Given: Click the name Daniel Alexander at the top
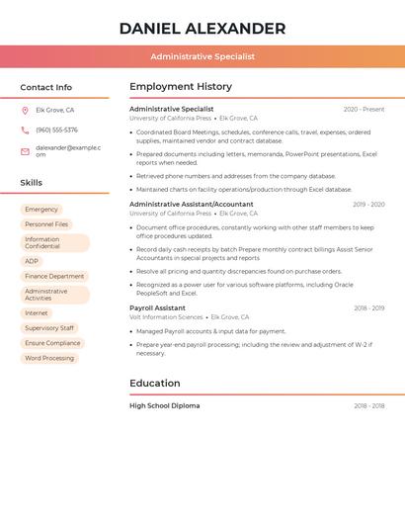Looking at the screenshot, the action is point(202,29).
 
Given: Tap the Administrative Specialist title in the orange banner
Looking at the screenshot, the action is point(202,56).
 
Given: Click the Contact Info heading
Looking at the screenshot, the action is point(46,87).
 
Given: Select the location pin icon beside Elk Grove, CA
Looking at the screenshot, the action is point(25,110).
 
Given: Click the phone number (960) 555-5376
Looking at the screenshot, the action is point(56,130).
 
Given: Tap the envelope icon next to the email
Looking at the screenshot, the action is point(25,151).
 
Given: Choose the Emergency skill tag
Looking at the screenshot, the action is point(41,210).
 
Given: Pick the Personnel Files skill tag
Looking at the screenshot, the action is point(46,224).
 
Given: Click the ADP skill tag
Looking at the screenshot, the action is point(32,261).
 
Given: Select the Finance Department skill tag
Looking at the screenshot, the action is point(54,276).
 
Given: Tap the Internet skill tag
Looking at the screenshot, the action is point(37,313).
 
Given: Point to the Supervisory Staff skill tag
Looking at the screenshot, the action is point(49,328).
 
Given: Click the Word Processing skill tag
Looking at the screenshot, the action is point(49,358).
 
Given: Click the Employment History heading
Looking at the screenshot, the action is point(181,87).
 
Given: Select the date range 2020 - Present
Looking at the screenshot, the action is point(364,110).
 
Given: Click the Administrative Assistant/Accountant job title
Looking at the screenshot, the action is point(192,205).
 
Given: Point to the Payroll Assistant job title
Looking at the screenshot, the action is point(157,308).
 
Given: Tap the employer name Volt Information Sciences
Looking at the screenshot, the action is point(166,317).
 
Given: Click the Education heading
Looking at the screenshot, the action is point(155,384).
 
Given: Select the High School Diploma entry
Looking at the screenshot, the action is point(164,406).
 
